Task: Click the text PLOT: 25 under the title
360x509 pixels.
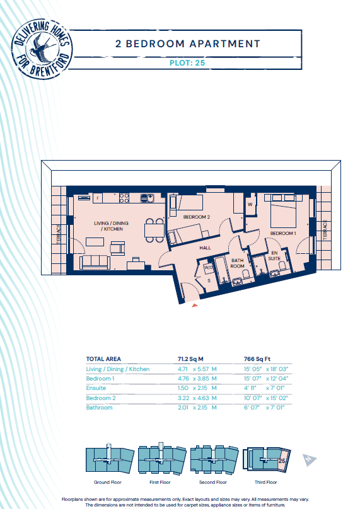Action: [187, 62]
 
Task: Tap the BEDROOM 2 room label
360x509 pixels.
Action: [197, 217]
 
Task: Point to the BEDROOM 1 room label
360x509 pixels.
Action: [283, 233]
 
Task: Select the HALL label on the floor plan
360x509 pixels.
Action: [205, 248]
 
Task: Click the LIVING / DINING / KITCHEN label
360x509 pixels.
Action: [111, 226]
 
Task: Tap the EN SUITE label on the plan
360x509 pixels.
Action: [274, 256]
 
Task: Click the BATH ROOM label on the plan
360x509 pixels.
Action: [238, 263]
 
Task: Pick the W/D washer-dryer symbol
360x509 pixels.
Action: [208, 268]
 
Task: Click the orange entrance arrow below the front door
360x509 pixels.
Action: [195, 305]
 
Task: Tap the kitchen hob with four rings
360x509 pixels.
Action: [124, 198]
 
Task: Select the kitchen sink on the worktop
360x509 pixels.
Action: [147, 198]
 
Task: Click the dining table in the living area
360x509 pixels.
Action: [154, 230]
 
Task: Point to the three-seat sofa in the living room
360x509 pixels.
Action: [95, 262]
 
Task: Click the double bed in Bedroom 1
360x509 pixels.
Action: [283, 211]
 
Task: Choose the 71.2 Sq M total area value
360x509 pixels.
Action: [190, 359]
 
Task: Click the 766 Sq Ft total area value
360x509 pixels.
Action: [257, 359]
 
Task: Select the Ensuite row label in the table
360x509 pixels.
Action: [96, 388]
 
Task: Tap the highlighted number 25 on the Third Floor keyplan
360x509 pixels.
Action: [282, 460]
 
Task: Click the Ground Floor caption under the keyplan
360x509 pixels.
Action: [108, 482]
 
